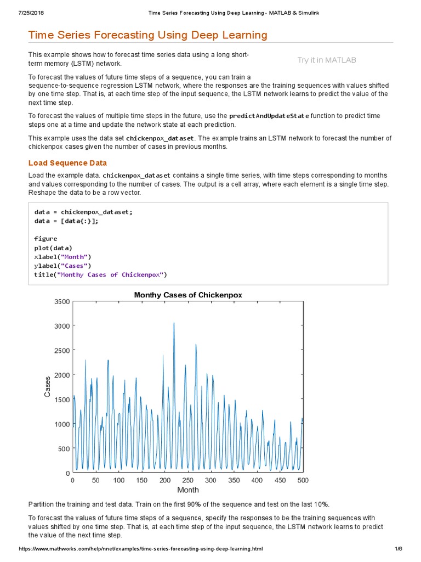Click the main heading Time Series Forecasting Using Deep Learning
[147, 35]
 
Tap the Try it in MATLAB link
[326, 60]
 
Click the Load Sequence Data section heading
[67, 163]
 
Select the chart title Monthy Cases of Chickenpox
[188, 295]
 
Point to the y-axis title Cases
[48, 386]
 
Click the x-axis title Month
[188, 490]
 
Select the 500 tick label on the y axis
[64, 448]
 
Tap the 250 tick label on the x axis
[188, 480]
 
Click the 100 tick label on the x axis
[119, 480]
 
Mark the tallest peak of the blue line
[174, 323]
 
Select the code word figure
[45, 239]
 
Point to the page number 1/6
[399, 549]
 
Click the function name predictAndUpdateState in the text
[269, 116]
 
